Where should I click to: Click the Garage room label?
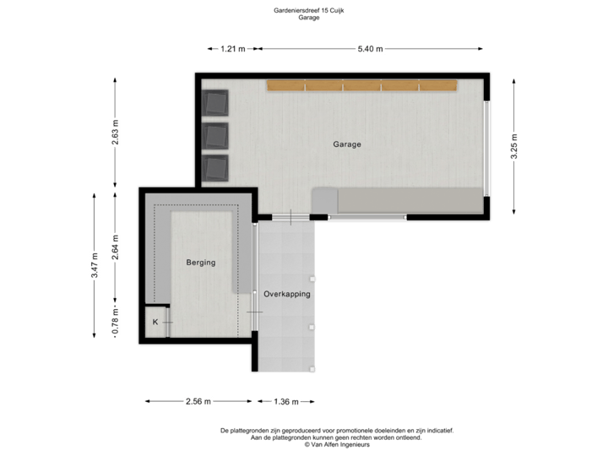[x=346, y=144]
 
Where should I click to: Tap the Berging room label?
[x=201, y=263]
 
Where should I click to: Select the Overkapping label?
[x=287, y=295]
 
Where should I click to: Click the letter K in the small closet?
[x=155, y=323]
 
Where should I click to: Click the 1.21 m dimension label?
[x=232, y=49]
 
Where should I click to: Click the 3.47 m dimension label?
[x=95, y=264]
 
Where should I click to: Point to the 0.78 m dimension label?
[x=116, y=322]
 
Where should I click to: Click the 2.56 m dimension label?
[x=198, y=401]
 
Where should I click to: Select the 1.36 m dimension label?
[x=287, y=401]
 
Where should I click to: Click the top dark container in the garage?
[x=216, y=103]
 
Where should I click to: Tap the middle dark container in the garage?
[x=216, y=135]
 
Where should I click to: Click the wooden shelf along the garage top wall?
[x=361, y=85]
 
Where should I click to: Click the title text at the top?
[x=309, y=12]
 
